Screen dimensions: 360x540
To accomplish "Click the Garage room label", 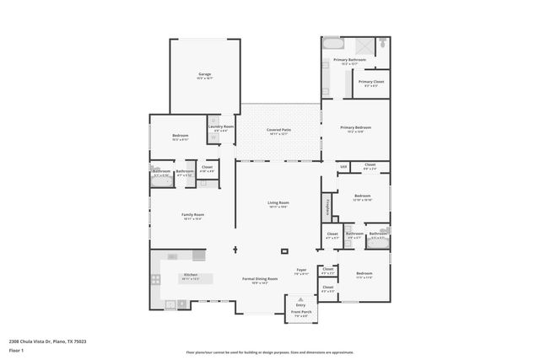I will [x=204, y=74].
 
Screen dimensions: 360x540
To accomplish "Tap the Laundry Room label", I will [x=221, y=126].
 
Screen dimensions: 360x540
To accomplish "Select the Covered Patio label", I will [x=278, y=130].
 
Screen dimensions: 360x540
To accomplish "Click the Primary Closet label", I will [x=373, y=82].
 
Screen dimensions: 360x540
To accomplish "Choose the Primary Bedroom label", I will [x=355, y=127].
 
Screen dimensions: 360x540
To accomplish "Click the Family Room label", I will [x=193, y=215].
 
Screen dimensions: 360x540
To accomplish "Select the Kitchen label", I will [x=191, y=275].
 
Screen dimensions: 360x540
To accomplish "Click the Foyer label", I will [x=300, y=271].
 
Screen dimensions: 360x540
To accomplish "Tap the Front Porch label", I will [x=301, y=313].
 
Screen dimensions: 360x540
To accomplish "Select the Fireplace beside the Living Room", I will [x=327, y=206].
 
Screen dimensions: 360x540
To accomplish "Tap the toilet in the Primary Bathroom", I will [x=382, y=41].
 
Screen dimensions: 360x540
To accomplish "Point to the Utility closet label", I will [x=343, y=167].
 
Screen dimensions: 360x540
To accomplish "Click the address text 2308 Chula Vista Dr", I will [x=47, y=341].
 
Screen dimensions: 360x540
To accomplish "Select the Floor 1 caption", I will [x=17, y=350].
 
